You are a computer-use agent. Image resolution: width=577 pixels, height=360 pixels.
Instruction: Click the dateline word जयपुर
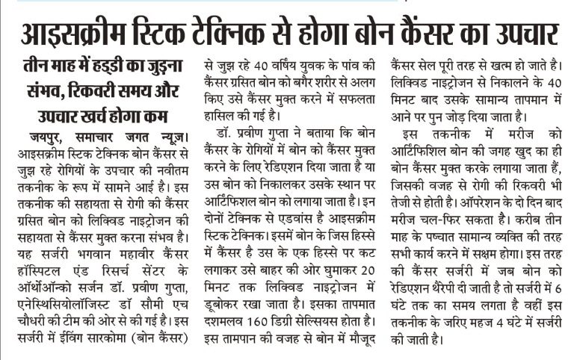click(43, 139)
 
